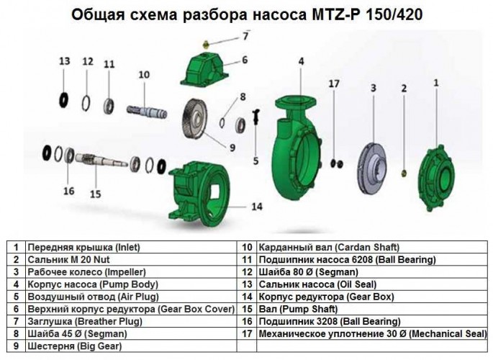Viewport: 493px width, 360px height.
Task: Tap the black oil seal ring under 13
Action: (65, 97)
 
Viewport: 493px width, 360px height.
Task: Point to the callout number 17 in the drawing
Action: (333, 84)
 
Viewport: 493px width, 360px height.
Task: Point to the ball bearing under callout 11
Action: (110, 100)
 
